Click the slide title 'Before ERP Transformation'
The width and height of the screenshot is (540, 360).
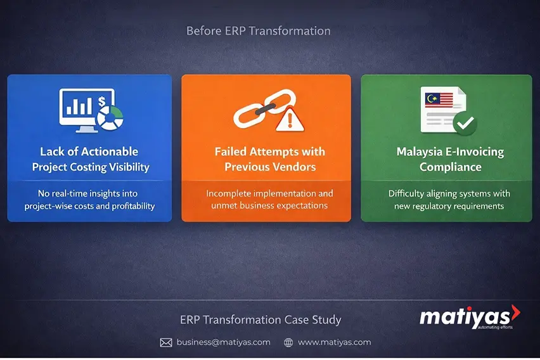[x=258, y=30]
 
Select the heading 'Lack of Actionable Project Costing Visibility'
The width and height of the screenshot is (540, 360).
[x=89, y=159]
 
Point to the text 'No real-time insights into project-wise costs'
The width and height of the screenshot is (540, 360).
[x=89, y=200]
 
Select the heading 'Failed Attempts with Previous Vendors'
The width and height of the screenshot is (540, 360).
[x=269, y=159]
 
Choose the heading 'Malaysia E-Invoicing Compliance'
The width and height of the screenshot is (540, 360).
[x=450, y=159]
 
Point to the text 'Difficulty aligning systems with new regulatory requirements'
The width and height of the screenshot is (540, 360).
[x=449, y=200]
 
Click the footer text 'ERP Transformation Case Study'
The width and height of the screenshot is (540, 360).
[x=260, y=320]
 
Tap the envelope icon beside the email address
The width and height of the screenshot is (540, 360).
[x=166, y=342]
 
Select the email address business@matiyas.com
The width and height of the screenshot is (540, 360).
[x=223, y=342]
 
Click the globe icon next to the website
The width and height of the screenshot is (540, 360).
[x=288, y=342]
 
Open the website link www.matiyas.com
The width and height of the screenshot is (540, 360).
[x=334, y=342]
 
